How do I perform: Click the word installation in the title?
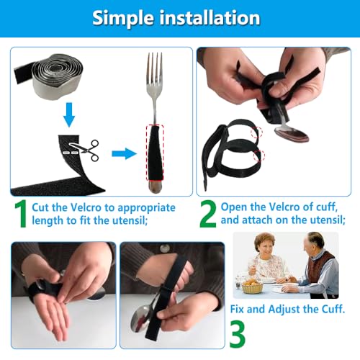(x=216, y=18)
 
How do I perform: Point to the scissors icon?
(x=88, y=151)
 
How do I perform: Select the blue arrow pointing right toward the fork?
(x=124, y=153)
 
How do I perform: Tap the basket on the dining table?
(x=251, y=287)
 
